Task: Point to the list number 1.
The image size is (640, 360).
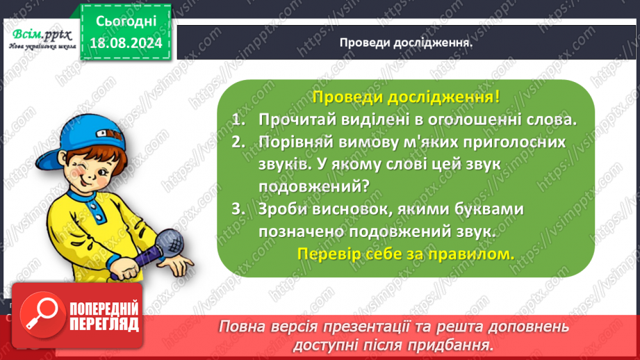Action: (x=239, y=120)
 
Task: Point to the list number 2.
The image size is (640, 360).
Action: (x=239, y=142)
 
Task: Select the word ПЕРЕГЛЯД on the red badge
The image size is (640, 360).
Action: (x=103, y=325)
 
